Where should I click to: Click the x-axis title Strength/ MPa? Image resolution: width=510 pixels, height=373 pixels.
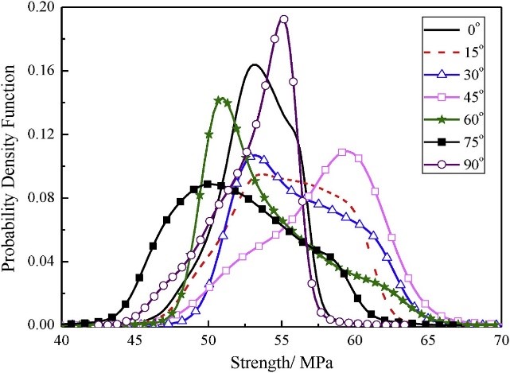click(281, 359)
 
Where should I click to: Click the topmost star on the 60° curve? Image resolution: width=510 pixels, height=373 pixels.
click(219, 100)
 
